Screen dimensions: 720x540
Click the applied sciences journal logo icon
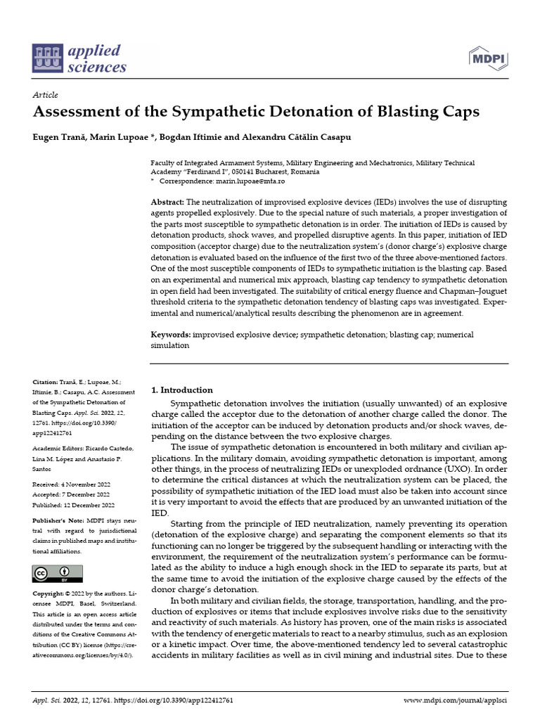coord(47,59)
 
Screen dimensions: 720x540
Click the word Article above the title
coord(46,95)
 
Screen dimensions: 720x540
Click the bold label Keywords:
coord(171,335)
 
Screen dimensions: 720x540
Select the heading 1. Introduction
coord(182,390)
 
